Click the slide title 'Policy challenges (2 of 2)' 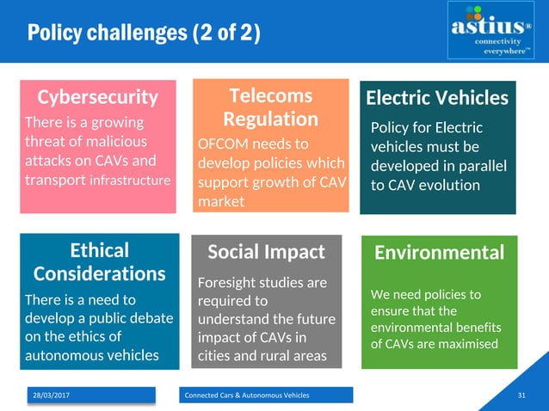tap(143, 34)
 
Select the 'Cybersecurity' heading tap(96, 96)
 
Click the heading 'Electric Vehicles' tap(437, 97)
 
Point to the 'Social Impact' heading tap(267, 252)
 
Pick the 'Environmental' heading tap(439, 252)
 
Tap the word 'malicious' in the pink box tap(113, 141)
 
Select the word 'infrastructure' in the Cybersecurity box tap(130, 181)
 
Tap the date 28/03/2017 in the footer tap(52, 395)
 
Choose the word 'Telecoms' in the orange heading tap(270, 95)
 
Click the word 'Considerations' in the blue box tap(99, 273)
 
